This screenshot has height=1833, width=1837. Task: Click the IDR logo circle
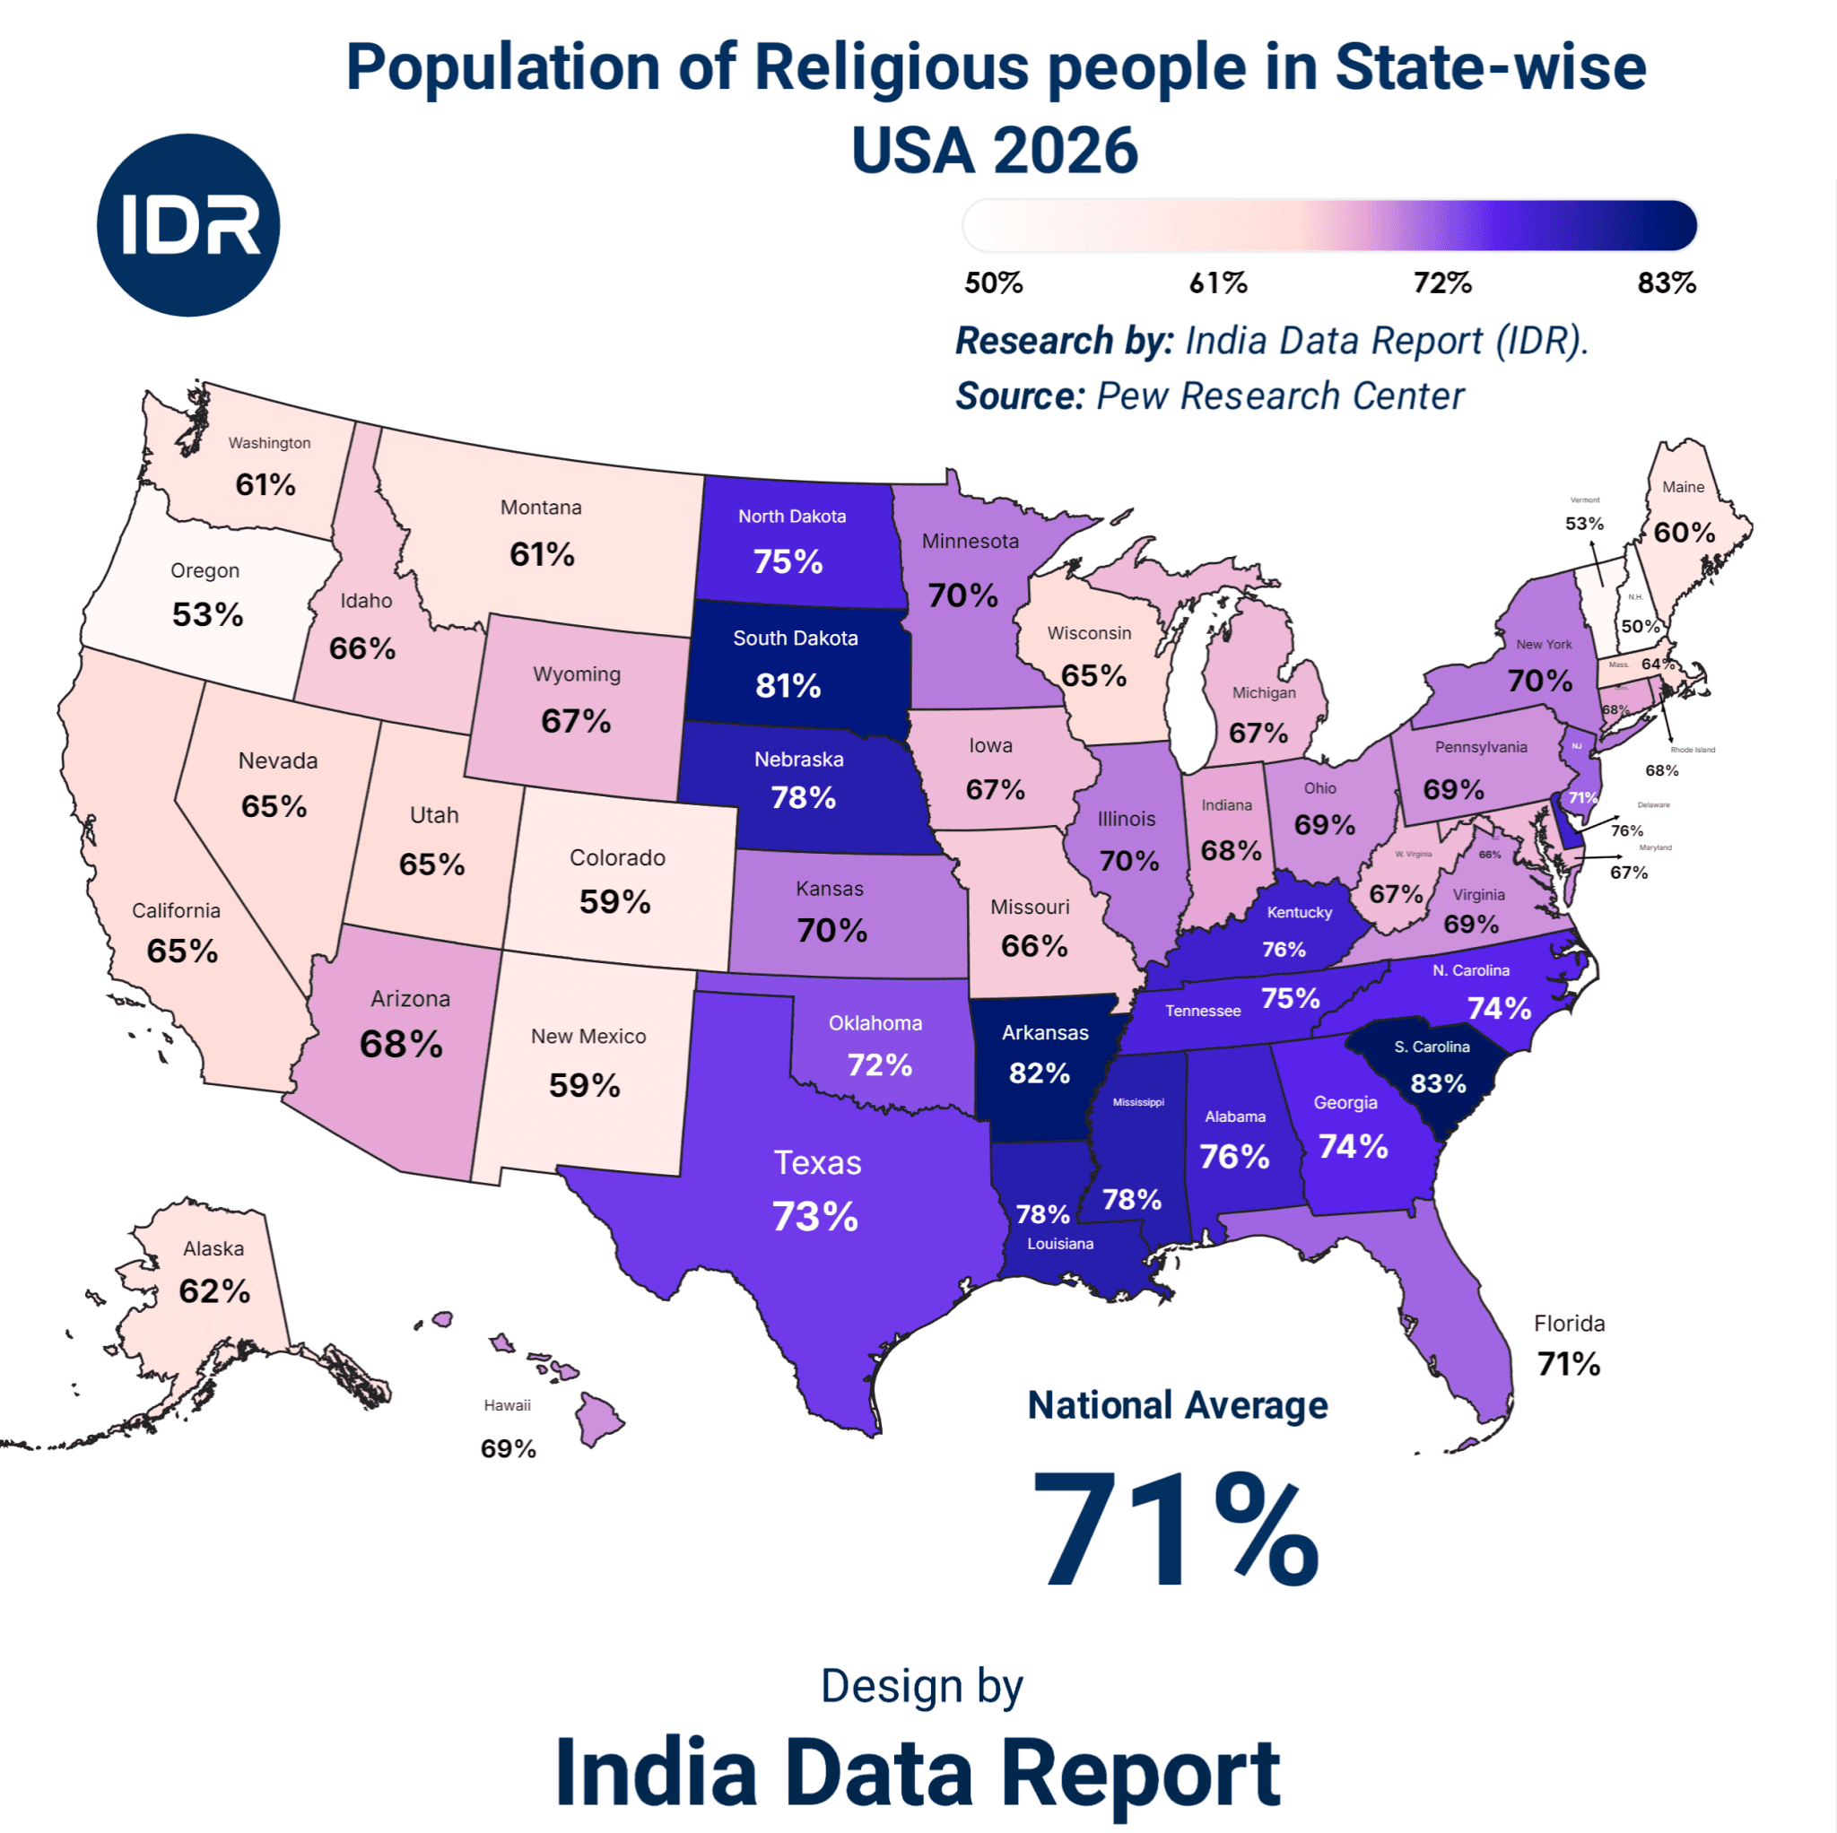click(188, 225)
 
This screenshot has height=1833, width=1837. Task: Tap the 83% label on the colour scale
click(1666, 282)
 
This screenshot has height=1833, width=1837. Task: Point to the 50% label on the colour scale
click(994, 282)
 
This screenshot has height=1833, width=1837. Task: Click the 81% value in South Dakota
click(788, 685)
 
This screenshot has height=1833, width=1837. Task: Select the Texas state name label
click(817, 1163)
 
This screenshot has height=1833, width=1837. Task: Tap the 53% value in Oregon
click(207, 614)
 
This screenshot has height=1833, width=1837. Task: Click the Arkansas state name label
click(1045, 1032)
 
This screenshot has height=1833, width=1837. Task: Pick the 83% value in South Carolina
click(1438, 1084)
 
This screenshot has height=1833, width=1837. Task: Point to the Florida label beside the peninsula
click(1569, 1324)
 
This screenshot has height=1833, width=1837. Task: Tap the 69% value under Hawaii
click(508, 1449)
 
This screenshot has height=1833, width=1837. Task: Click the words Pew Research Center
click(1280, 396)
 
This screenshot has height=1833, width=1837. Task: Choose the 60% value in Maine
click(1684, 533)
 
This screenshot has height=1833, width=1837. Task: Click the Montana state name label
click(541, 508)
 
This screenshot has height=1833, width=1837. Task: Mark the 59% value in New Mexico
click(584, 1085)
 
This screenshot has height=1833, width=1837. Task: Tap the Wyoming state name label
click(576, 674)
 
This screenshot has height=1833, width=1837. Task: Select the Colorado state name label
click(617, 857)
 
